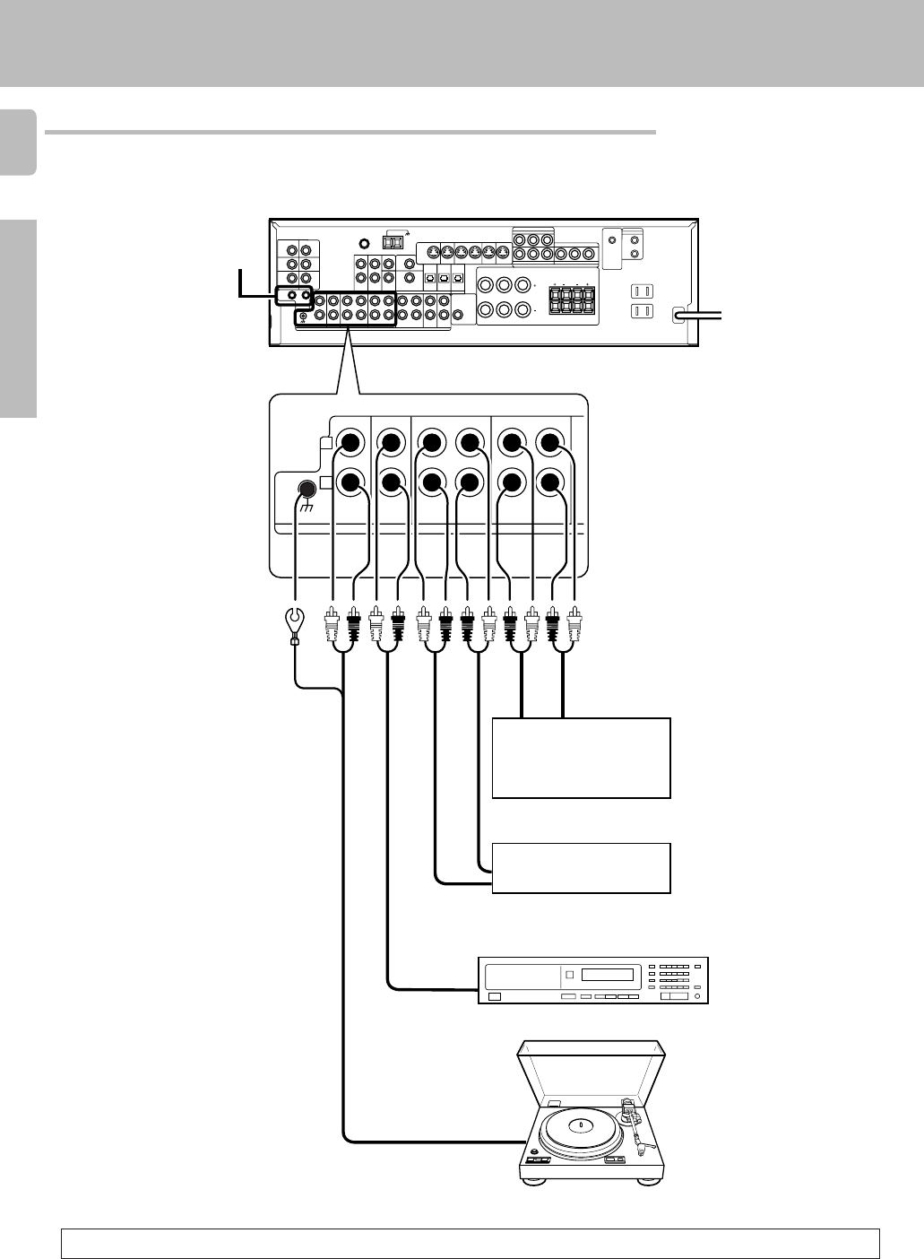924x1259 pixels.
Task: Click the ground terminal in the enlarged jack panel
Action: (306, 490)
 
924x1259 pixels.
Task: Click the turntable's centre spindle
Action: (581, 1124)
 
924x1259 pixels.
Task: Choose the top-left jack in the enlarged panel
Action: (349, 442)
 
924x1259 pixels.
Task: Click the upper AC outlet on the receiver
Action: (641, 291)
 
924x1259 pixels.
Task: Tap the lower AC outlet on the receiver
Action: (641, 312)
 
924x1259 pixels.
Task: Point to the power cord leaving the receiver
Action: (704, 315)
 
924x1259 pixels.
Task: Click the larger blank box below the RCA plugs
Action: (581, 758)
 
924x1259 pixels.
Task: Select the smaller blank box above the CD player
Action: (581, 867)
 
